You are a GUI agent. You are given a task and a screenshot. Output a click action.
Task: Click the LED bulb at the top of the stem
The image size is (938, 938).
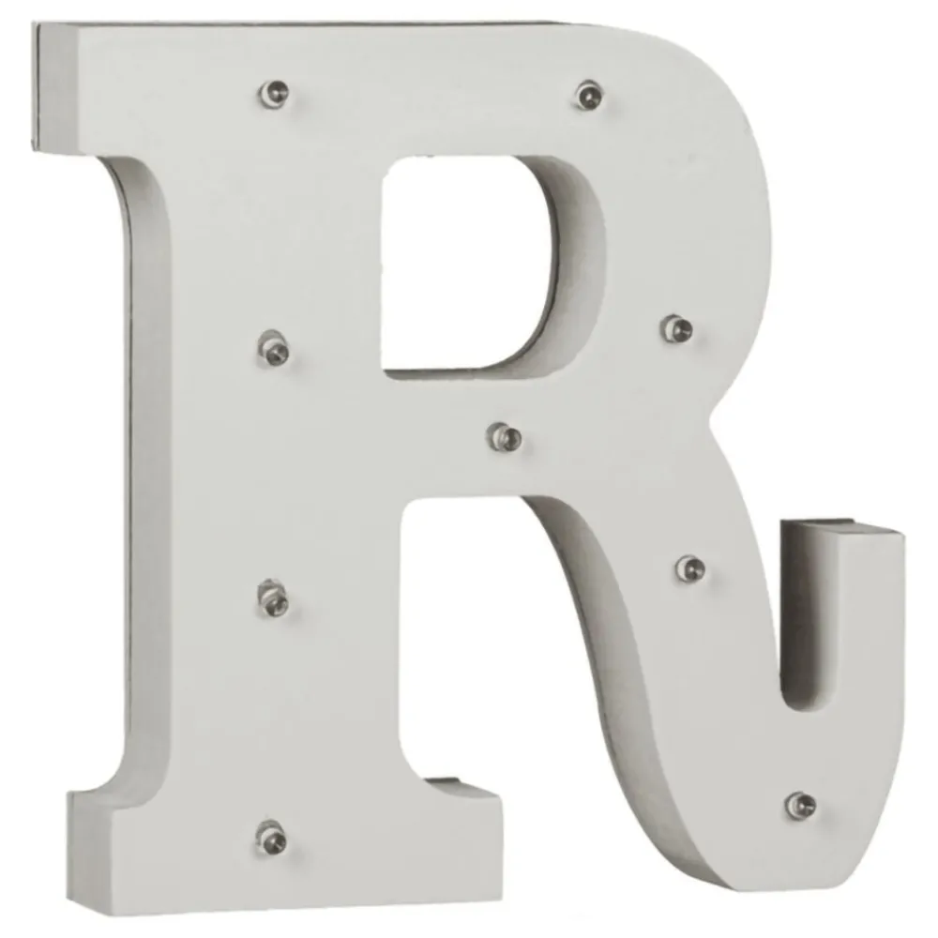(275, 93)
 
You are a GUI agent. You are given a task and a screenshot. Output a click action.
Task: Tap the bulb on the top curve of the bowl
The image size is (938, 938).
(589, 95)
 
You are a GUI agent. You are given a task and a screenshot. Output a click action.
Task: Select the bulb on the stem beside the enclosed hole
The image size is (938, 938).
(274, 348)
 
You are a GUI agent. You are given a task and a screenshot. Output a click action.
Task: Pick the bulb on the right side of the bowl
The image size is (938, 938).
(677, 327)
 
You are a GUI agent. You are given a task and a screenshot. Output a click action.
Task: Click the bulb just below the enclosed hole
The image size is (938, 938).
(506, 437)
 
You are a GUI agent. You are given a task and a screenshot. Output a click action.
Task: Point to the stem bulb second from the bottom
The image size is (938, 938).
(273, 598)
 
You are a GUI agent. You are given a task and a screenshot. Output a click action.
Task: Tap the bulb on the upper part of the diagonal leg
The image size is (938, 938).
(690, 567)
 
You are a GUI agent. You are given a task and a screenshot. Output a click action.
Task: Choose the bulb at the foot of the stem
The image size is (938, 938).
(272, 837)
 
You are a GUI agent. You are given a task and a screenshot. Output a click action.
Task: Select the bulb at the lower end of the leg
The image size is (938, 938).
(800, 805)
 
